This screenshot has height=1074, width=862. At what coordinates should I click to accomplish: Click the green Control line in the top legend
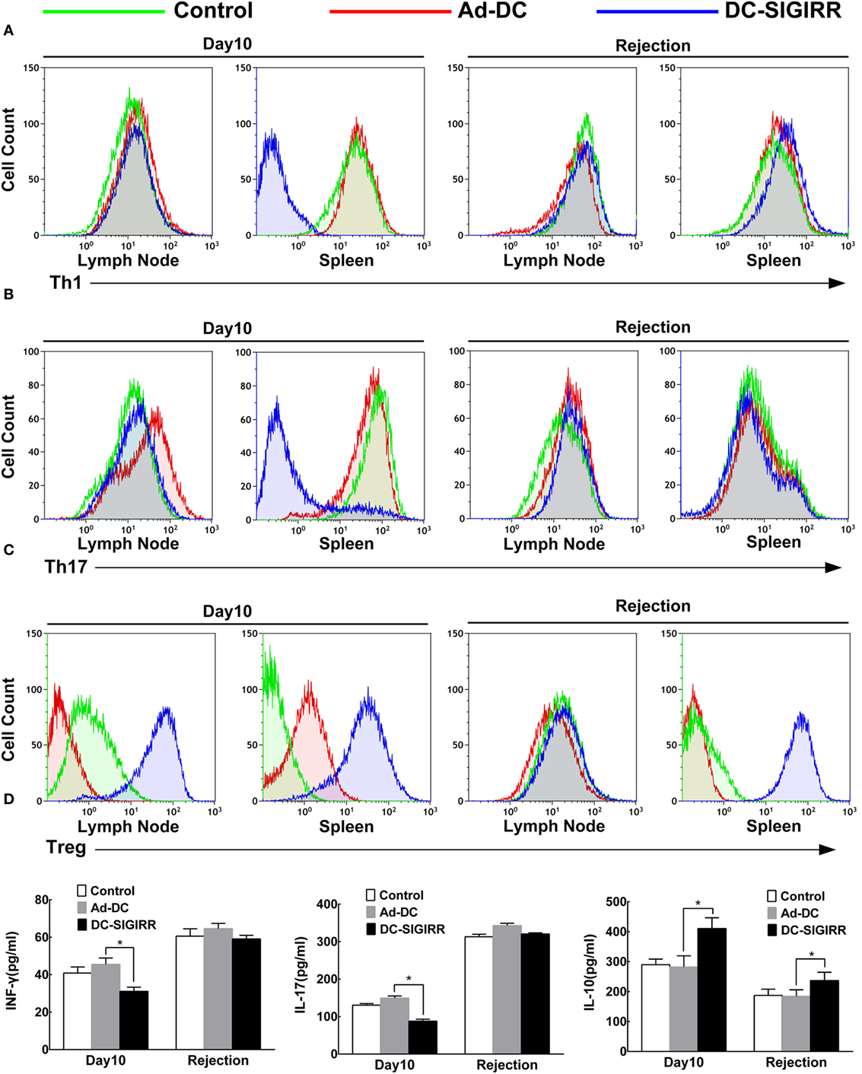pos(103,11)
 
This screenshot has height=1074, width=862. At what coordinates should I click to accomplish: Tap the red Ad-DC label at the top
pos(492,11)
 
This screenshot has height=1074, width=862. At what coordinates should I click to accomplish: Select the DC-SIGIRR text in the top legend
pos(783,11)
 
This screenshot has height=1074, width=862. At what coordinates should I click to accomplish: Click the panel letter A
pos(8,31)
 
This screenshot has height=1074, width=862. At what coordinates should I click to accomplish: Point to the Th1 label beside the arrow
pos(65,283)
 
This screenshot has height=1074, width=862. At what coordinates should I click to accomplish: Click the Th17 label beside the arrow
pos(66,567)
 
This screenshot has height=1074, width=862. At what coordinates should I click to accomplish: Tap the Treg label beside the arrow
pos(66,847)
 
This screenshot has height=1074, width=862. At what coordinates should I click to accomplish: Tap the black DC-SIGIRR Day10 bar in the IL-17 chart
pos(422,1037)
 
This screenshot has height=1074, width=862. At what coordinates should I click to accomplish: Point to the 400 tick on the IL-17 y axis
pos(328,904)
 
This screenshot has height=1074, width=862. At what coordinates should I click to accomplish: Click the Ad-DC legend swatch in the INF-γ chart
pos(82,907)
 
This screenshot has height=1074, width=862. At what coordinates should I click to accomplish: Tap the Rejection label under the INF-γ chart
pos(218,1060)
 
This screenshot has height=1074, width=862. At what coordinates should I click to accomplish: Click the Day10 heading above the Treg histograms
pos(227,612)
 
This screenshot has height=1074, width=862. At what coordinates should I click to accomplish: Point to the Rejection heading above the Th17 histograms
pos(653,327)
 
